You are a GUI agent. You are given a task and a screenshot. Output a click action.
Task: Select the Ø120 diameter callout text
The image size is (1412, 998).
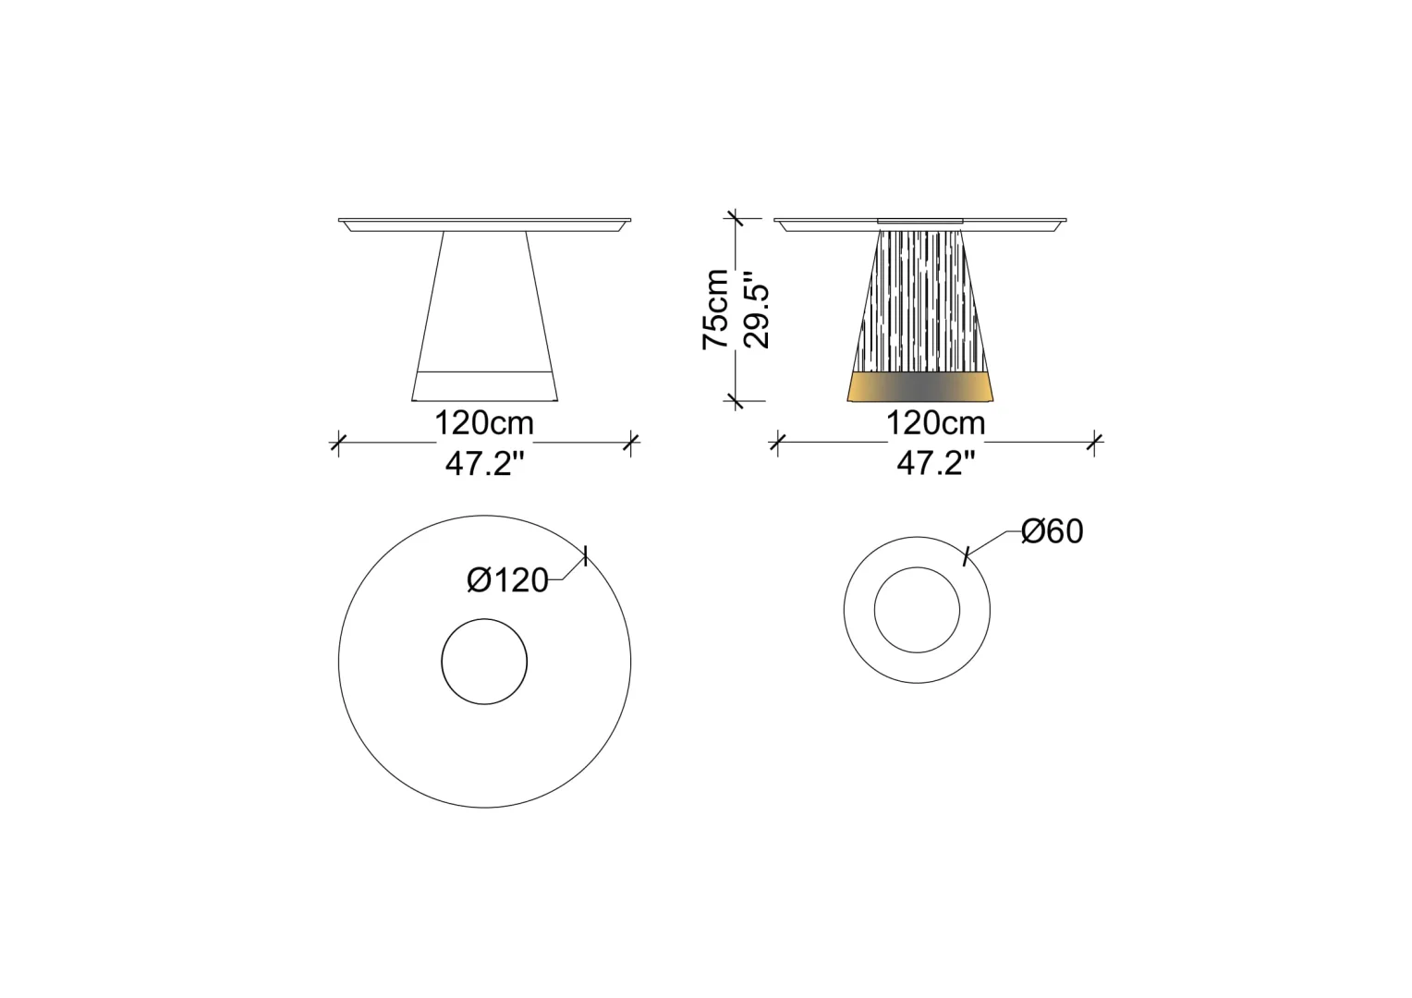pos(507,580)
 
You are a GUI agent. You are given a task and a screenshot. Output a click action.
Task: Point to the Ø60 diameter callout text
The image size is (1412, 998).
pos(1052,531)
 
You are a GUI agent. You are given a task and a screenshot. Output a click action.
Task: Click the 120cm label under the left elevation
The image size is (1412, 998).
pos(484,423)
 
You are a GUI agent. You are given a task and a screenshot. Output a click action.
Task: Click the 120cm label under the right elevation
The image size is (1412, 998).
pos(935,423)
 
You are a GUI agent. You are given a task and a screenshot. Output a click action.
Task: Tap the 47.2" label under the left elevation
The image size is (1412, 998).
pos(485,464)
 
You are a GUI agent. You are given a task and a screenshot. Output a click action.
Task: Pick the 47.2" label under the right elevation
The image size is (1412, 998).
pos(936,464)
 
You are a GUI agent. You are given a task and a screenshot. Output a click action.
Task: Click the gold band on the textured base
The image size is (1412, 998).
pos(920,386)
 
